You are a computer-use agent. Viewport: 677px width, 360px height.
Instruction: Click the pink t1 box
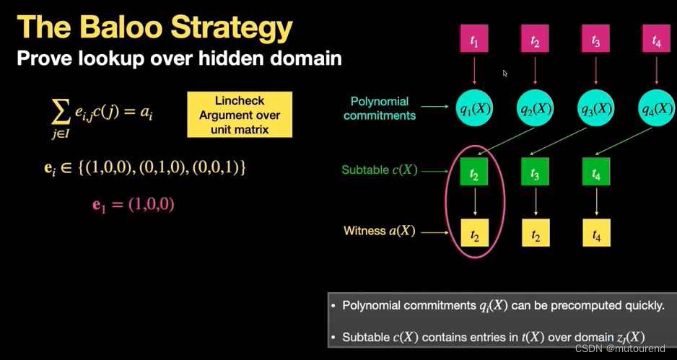(474, 40)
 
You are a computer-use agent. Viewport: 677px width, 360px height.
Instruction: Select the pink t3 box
(595, 40)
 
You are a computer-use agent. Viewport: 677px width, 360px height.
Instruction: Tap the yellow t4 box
(596, 233)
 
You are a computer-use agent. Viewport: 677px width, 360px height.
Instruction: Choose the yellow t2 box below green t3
(535, 233)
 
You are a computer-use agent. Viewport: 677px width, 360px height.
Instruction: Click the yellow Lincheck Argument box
(240, 115)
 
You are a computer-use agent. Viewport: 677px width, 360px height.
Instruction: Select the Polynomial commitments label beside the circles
(380, 108)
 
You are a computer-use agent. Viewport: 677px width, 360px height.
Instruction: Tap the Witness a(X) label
(380, 232)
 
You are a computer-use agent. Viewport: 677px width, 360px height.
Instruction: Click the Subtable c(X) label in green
(380, 171)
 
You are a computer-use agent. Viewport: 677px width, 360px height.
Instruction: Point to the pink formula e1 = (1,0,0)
(134, 205)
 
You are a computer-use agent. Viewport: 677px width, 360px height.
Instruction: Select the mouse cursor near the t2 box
(505, 73)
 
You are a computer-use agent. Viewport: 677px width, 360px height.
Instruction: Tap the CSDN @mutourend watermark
(620, 348)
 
